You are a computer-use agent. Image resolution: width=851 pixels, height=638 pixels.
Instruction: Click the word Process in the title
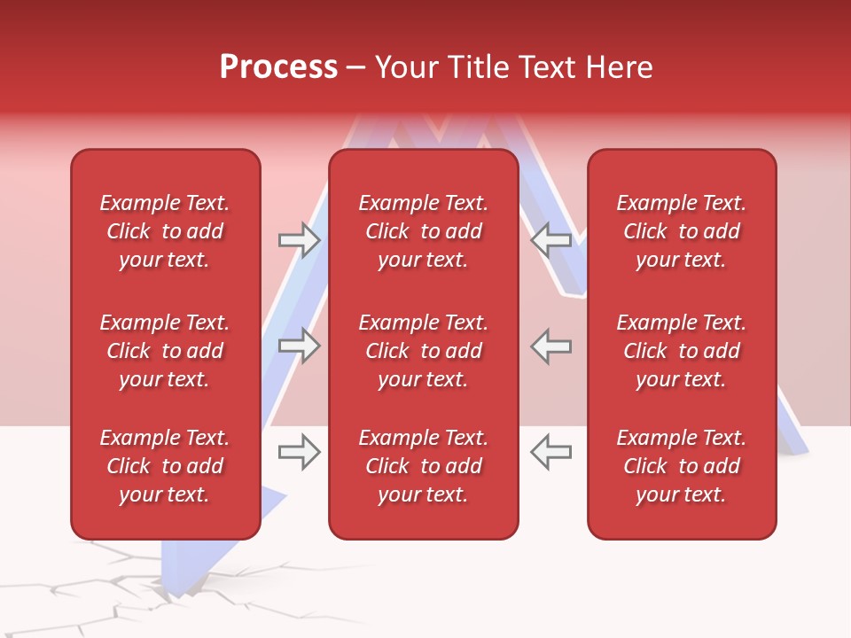[278, 67]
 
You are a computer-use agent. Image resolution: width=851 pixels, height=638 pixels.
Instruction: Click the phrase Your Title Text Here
[513, 67]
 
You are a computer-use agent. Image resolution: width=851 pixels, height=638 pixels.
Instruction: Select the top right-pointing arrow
[299, 239]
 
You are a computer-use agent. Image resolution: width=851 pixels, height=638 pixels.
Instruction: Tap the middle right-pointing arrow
[299, 346]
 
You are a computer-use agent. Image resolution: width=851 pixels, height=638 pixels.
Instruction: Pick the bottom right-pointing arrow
[299, 452]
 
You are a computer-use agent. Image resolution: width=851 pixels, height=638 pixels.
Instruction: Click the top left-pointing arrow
[551, 239]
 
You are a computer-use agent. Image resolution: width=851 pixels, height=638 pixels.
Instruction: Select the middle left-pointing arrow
[551, 346]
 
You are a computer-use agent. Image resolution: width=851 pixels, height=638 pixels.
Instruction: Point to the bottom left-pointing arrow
[551, 452]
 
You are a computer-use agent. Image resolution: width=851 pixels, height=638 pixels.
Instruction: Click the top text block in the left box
[164, 231]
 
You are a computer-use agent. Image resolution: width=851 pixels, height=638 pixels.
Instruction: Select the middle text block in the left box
[164, 351]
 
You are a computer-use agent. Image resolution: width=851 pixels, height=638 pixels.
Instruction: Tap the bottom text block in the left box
[164, 466]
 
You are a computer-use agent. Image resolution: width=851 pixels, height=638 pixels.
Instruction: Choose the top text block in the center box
[423, 231]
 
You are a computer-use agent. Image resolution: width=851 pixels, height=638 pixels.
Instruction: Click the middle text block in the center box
[423, 351]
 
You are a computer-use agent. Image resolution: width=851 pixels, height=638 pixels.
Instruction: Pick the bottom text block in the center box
[423, 466]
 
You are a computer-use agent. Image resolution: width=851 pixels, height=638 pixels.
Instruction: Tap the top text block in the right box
[681, 231]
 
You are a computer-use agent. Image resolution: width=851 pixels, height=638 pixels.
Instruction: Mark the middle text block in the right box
[681, 351]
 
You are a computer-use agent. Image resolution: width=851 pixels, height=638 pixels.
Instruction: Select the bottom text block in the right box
[681, 466]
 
